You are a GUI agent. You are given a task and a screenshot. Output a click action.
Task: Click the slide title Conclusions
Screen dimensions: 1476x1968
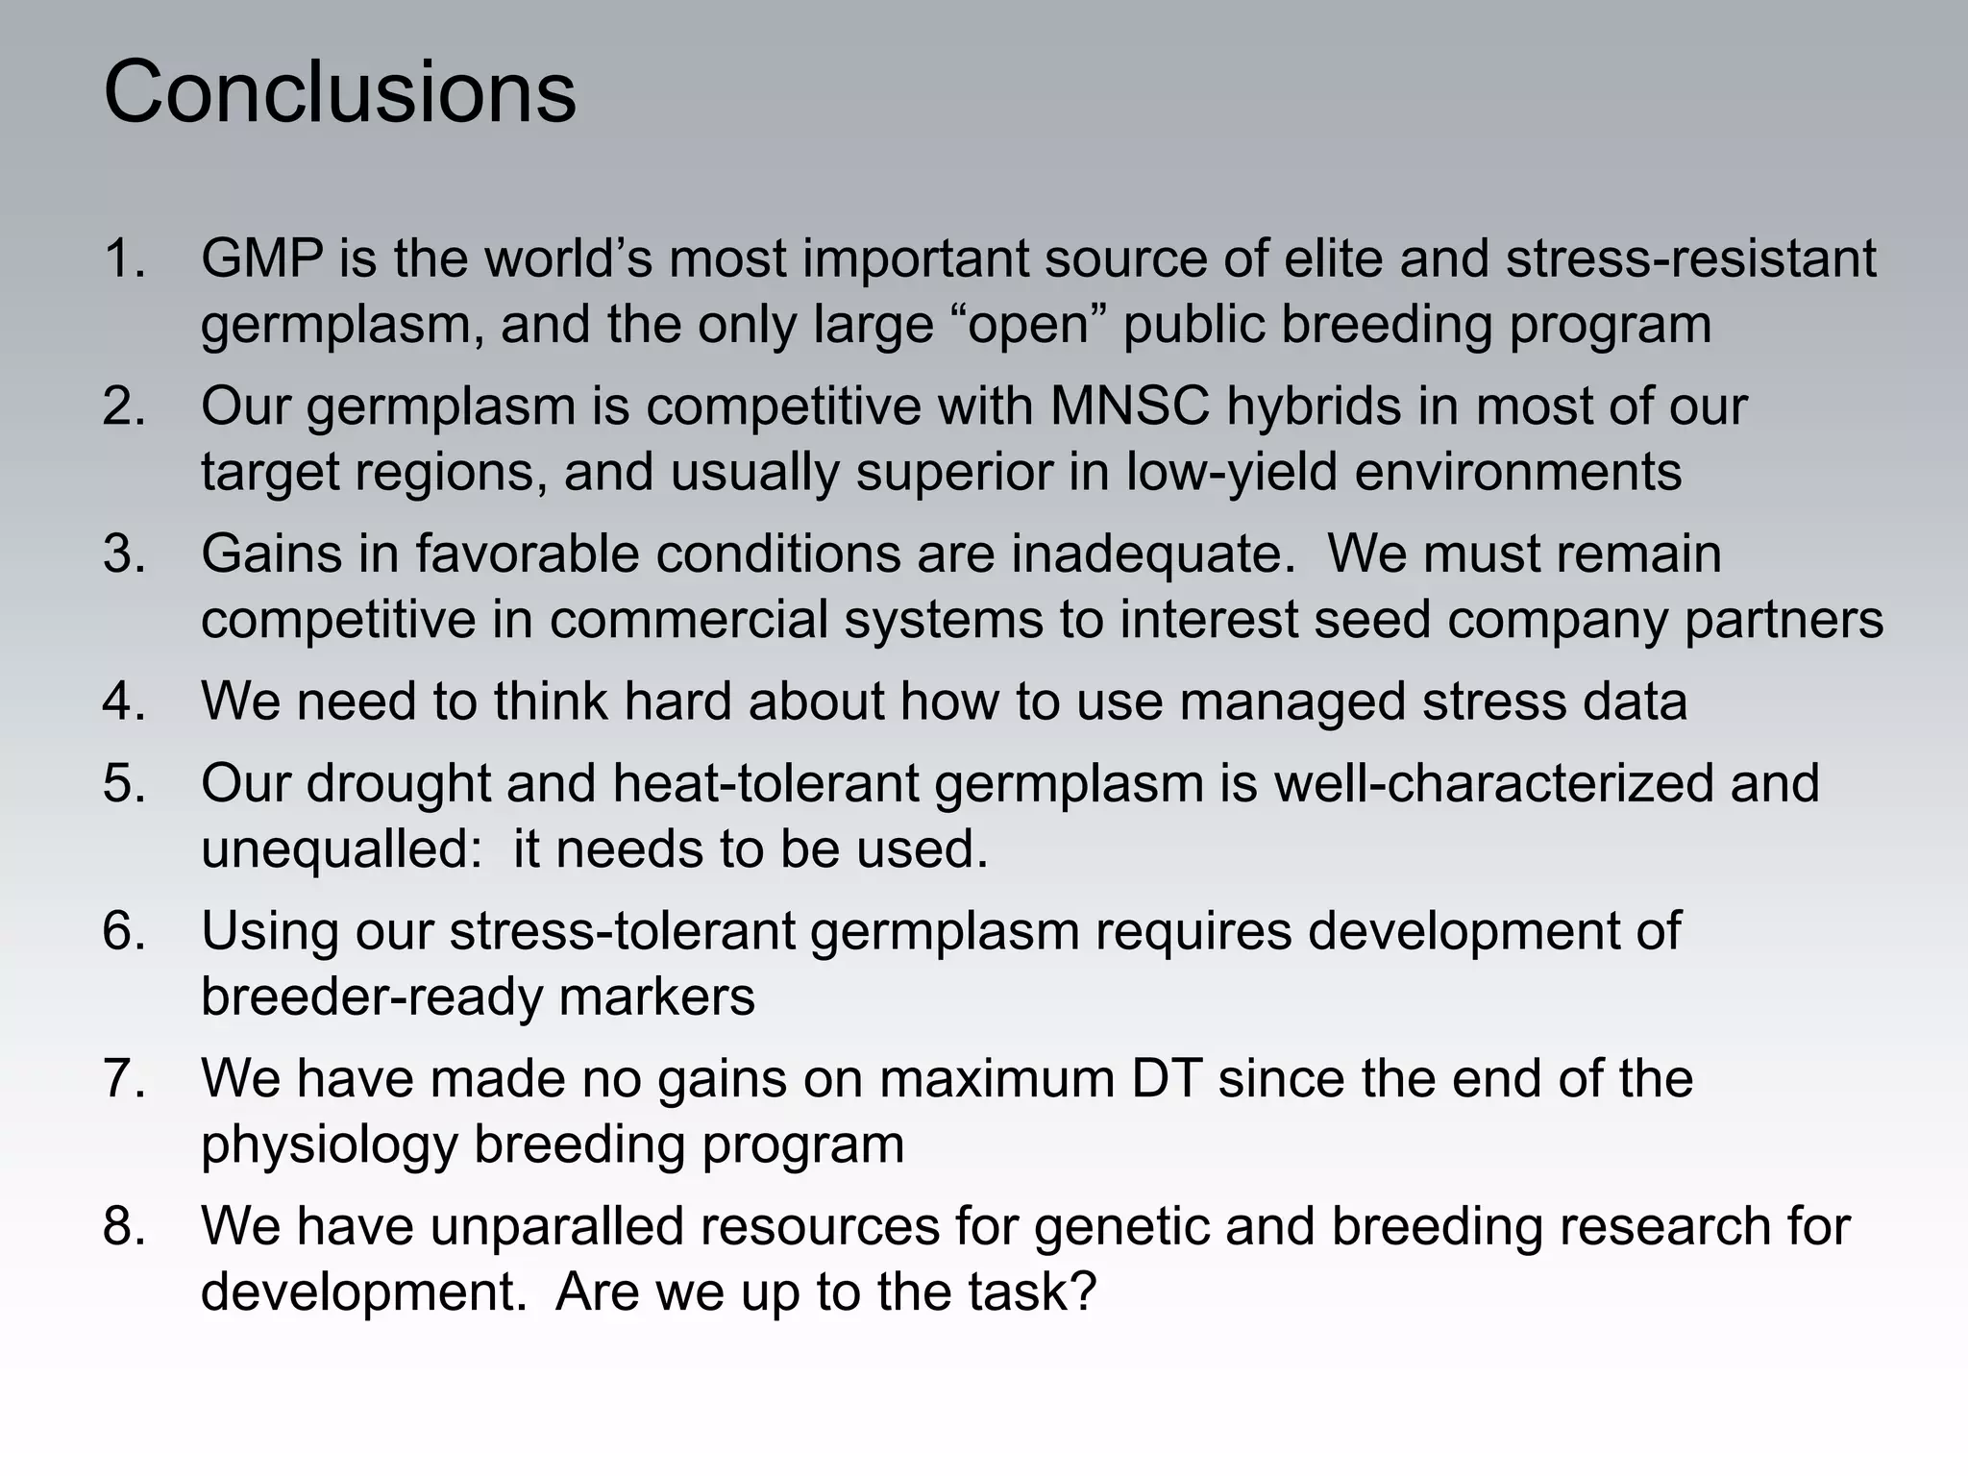[x=339, y=92]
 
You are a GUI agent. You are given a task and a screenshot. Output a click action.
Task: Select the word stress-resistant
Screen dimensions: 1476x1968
[x=1690, y=259]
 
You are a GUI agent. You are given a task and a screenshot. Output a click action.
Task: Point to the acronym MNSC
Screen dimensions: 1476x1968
[x=1130, y=406]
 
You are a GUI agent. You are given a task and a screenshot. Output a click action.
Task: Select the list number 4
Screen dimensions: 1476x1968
[x=123, y=701]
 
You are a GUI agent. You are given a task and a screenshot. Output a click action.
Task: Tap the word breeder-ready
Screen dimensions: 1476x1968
[x=371, y=997]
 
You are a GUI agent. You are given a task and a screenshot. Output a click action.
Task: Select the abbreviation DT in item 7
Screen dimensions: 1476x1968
[x=1167, y=1079]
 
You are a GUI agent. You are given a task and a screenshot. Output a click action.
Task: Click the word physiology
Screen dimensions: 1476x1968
[x=329, y=1145]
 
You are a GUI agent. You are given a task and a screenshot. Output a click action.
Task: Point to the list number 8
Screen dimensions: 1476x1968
[x=123, y=1227]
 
